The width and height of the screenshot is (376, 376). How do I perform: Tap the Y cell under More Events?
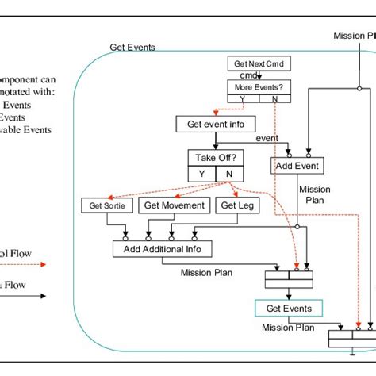(240, 100)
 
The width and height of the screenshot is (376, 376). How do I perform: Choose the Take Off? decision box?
(215, 157)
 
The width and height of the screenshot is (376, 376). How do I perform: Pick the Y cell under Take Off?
(201, 174)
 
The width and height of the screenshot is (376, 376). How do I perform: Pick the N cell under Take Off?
(229, 174)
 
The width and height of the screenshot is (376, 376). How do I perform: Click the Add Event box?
(296, 166)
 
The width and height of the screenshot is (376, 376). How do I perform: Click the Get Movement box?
(174, 206)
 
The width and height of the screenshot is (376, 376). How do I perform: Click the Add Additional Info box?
(167, 249)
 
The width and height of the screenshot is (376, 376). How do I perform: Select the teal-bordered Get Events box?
(289, 309)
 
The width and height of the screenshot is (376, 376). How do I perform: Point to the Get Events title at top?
(132, 48)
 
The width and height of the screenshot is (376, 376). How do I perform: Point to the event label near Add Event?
(267, 139)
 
